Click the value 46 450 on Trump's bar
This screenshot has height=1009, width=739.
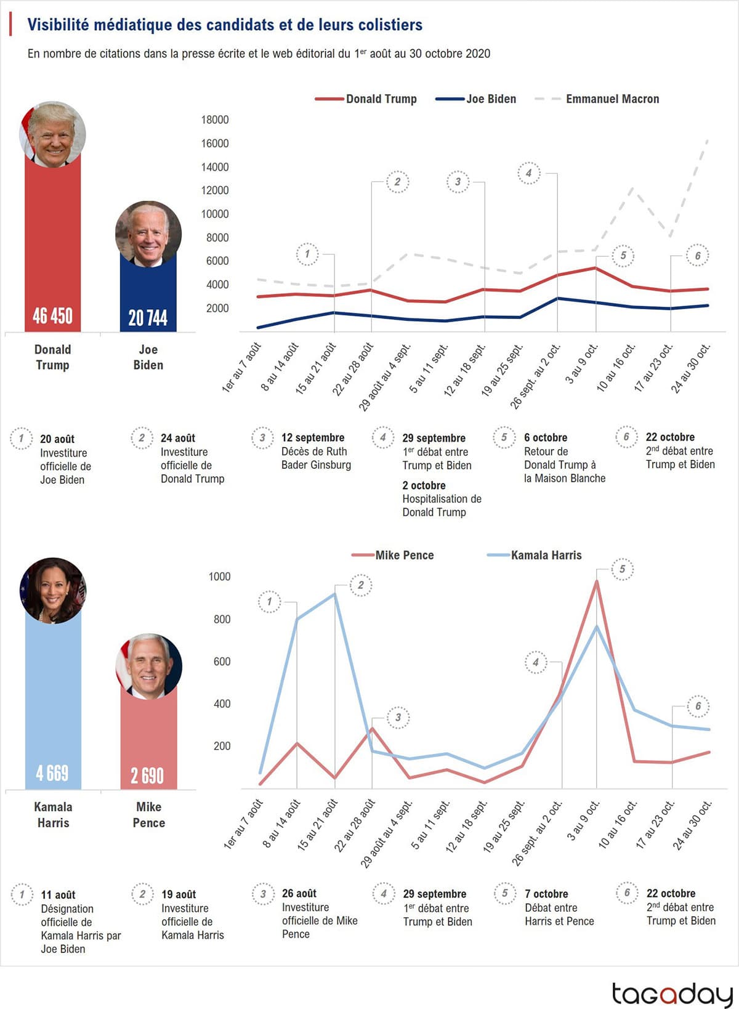click(x=52, y=316)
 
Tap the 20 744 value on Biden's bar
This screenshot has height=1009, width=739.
click(x=148, y=317)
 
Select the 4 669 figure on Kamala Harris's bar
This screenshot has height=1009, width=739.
click(x=52, y=773)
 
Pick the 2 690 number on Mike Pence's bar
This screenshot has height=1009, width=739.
click(x=147, y=775)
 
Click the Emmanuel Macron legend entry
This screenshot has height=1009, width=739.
click(x=612, y=99)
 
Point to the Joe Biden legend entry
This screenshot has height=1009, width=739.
click(x=491, y=99)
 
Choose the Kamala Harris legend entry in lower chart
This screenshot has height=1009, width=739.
click(x=546, y=555)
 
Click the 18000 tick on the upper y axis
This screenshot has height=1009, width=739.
click(x=215, y=120)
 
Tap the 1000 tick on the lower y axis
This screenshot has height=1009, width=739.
click(x=219, y=577)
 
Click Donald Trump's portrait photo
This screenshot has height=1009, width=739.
click(x=52, y=134)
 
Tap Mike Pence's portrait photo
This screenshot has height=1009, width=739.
click(x=148, y=666)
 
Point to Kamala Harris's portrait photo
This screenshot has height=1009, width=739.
click(x=53, y=591)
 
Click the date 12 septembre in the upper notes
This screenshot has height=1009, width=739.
click(x=313, y=437)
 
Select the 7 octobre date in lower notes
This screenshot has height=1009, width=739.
click(x=546, y=894)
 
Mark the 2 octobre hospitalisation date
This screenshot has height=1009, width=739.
click(x=424, y=485)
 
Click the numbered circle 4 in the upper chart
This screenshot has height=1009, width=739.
click(x=528, y=173)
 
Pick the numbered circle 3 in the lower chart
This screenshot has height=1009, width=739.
click(x=398, y=718)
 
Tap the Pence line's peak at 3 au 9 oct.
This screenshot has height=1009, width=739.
click(x=596, y=581)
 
